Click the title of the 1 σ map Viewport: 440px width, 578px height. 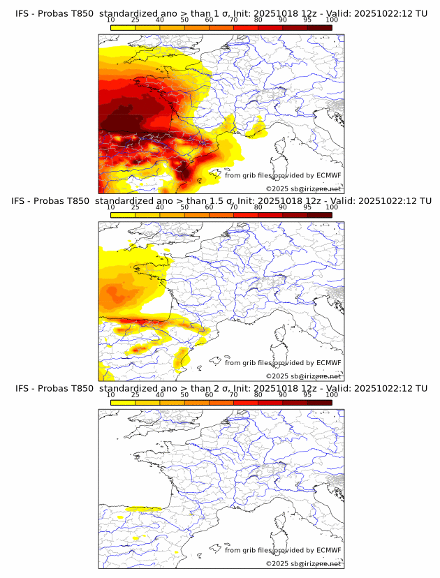[x=220, y=14]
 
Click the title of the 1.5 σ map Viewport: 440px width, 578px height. [x=220, y=201]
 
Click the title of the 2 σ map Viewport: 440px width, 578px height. [x=220, y=388]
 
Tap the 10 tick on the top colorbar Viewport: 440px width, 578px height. [x=111, y=20]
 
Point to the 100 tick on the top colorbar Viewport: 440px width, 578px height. [x=332, y=20]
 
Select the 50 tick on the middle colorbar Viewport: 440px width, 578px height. [x=184, y=207]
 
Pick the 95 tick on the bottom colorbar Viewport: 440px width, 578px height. [x=307, y=394]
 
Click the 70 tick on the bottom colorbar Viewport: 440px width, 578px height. [x=234, y=394]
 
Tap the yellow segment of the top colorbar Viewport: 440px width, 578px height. [x=123, y=27]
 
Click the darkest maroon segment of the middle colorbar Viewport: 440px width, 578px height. [x=319, y=215]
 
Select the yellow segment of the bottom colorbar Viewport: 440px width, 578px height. [x=123, y=402]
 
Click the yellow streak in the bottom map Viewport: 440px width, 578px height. [x=143, y=509]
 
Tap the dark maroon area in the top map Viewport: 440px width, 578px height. [x=129, y=115]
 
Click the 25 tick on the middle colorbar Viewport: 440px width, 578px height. [x=135, y=207]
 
